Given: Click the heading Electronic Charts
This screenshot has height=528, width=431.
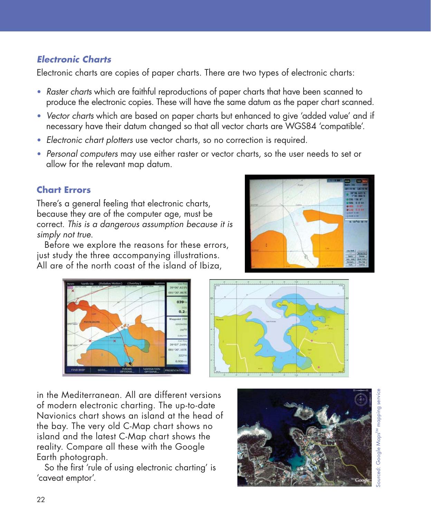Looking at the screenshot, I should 74,59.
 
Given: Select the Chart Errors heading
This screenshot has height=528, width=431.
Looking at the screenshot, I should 64,190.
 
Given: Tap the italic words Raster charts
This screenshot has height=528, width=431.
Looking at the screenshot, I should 69,92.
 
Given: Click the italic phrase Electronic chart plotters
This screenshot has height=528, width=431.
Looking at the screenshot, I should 89,140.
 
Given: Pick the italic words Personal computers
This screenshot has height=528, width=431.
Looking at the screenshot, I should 82,154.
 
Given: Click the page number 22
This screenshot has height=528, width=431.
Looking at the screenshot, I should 41,500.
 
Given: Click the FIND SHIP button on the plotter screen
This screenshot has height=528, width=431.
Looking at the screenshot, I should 78,370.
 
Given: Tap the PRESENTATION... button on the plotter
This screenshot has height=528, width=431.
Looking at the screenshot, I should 176,370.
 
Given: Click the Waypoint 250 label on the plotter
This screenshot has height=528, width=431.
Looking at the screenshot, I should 178,319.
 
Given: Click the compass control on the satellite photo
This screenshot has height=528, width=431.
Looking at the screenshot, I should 361,401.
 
